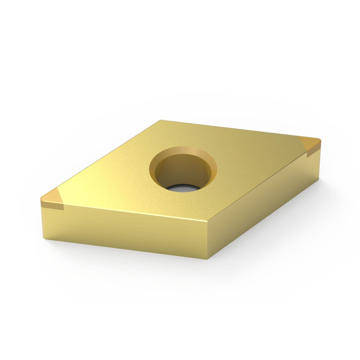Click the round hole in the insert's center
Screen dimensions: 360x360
coord(183,171)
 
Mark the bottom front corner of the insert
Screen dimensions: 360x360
coord(207,259)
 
